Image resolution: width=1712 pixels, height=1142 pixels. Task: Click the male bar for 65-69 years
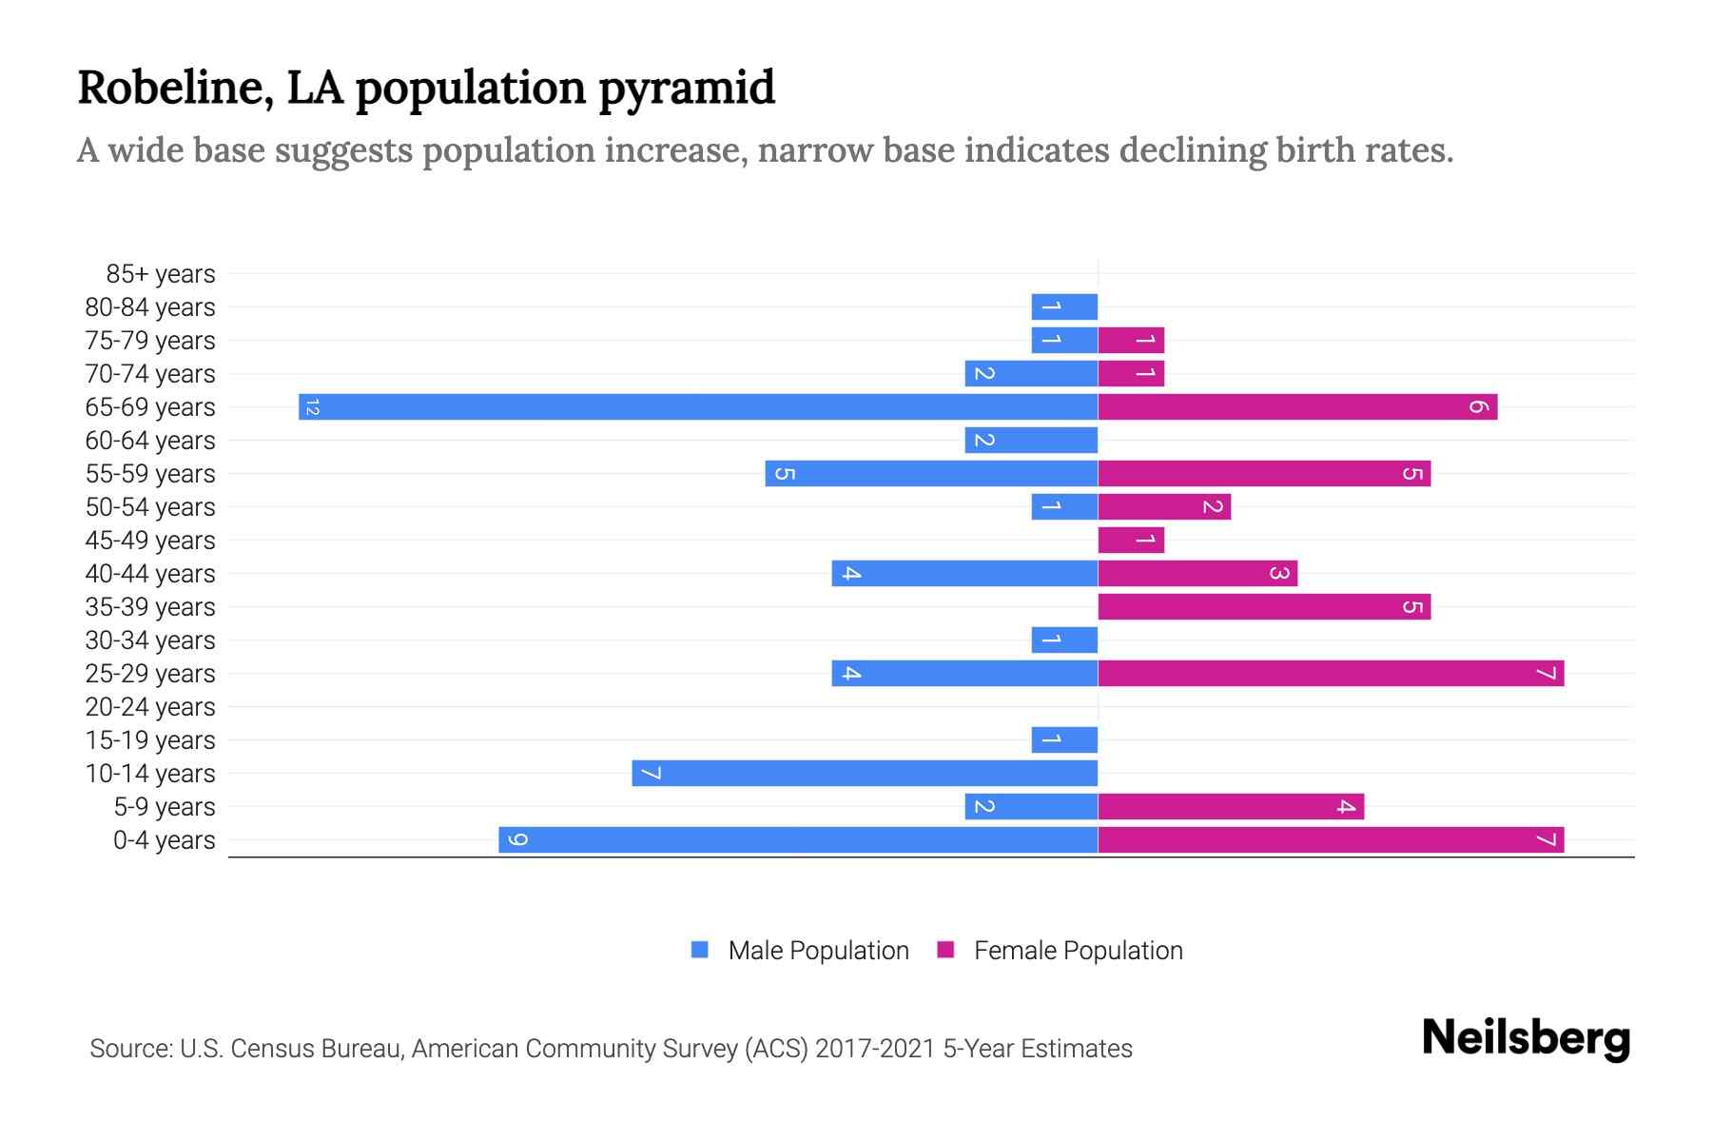coord(698,407)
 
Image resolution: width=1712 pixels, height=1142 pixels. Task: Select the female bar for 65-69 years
coord(1297,407)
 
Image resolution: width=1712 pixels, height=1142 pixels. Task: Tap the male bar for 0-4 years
coord(798,840)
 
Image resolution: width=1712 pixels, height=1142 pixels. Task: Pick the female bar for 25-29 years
coord(1331,674)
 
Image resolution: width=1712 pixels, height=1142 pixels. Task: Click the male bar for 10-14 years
coord(865,774)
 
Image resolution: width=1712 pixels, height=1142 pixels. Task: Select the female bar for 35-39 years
coord(1264,607)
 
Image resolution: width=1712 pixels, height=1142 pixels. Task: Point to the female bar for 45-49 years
coord(1131,541)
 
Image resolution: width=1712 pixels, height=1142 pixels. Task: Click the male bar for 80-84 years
coord(1064,307)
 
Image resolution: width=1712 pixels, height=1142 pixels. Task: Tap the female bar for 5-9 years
coord(1231,807)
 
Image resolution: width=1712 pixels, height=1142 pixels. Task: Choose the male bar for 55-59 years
coord(931,474)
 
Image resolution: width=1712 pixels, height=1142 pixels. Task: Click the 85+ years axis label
coord(161,274)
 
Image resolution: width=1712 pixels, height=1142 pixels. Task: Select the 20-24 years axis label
coord(150,707)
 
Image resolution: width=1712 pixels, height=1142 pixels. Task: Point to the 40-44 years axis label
coord(150,574)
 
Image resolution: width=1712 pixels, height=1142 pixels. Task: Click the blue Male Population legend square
coord(700,950)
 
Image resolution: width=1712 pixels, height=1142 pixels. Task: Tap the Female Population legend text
coord(1078,951)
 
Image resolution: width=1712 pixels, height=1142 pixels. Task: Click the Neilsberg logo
coord(1526,1038)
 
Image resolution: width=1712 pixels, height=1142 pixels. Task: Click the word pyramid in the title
coord(687,89)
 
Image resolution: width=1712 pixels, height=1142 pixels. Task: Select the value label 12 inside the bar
coord(312,407)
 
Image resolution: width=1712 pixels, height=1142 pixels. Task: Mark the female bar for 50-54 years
coord(1164,507)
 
